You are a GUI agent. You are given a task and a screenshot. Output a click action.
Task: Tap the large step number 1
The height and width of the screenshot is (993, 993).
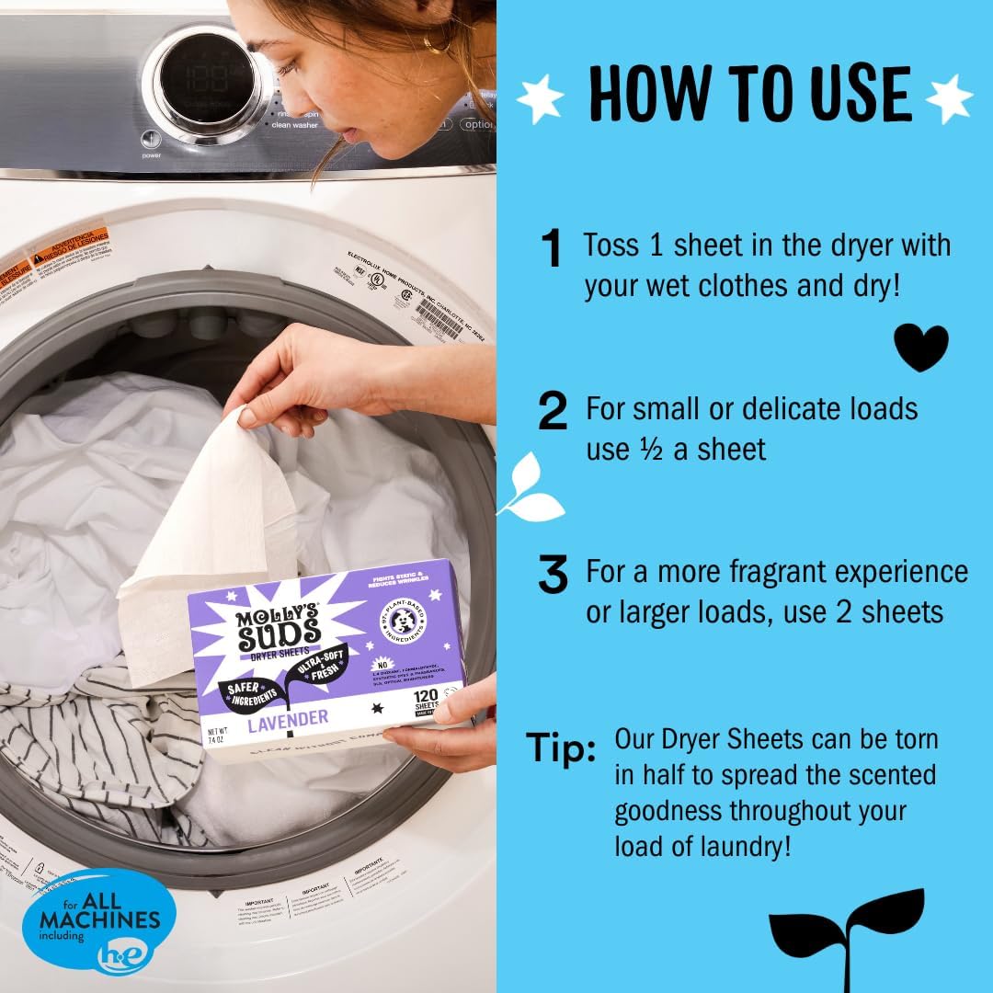[552, 249]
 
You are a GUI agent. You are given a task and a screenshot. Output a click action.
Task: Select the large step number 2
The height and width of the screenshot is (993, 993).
[553, 411]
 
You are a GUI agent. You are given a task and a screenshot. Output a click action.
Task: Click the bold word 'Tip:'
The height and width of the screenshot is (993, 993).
[561, 748]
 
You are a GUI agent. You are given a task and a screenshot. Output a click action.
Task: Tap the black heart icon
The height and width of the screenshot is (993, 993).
[920, 346]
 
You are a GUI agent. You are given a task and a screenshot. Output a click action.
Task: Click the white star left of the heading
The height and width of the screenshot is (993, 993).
[542, 97]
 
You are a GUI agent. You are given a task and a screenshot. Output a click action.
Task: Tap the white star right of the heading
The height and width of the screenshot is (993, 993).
[949, 97]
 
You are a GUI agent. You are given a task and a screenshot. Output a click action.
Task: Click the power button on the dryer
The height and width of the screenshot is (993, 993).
[152, 140]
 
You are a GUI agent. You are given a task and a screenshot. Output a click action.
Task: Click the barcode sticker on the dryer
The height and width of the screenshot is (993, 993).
[439, 317]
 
